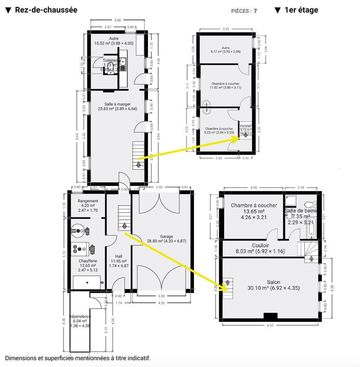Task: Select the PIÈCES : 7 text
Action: [244, 11]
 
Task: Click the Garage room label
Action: [166, 237]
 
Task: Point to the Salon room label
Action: [273, 282]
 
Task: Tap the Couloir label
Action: [260, 245]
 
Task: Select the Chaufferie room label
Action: [88, 261]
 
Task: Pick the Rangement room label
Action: [88, 201]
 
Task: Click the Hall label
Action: [118, 256]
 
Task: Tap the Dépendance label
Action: [80, 316]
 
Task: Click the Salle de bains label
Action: [301, 210]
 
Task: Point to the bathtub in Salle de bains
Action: [311, 230]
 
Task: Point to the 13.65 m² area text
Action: [253, 211]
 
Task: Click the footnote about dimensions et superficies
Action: [78, 358]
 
